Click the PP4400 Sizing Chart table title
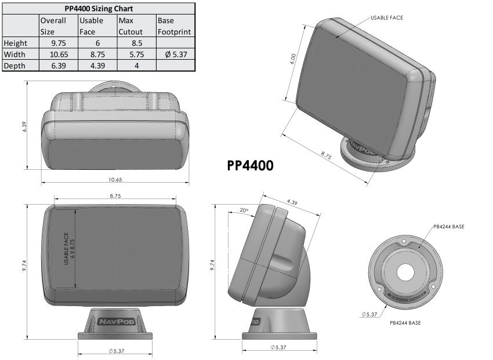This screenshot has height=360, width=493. pyautogui.click(x=97, y=9)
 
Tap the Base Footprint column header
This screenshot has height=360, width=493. pyautogui.click(x=174, y=26)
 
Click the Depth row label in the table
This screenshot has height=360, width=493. pyautogui.click(x=14, y=66)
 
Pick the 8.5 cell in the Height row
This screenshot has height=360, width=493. pyautogui.click(x=135, y=43)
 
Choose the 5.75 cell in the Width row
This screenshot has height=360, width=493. pyautogui.click(x=135, y=54)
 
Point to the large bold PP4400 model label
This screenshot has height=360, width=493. pyautogui.click(x=250, y=166)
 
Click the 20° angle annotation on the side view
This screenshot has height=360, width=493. pyautogui.click(x=243, y=210)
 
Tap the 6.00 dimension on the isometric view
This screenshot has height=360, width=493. pyautogui.click(x=293, y=59)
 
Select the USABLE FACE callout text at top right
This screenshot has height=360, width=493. pyautogui.click(x=387, y=18)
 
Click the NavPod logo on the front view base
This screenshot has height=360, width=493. pyautogui.click(x=114, y=320)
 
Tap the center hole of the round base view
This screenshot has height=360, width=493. pyautogui.click(x=405, y=272)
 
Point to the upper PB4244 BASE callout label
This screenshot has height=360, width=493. pyautogui.click(x=448, y=226)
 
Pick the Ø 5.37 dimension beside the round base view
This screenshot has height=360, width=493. pyautogui.click(x=369, y=314)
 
